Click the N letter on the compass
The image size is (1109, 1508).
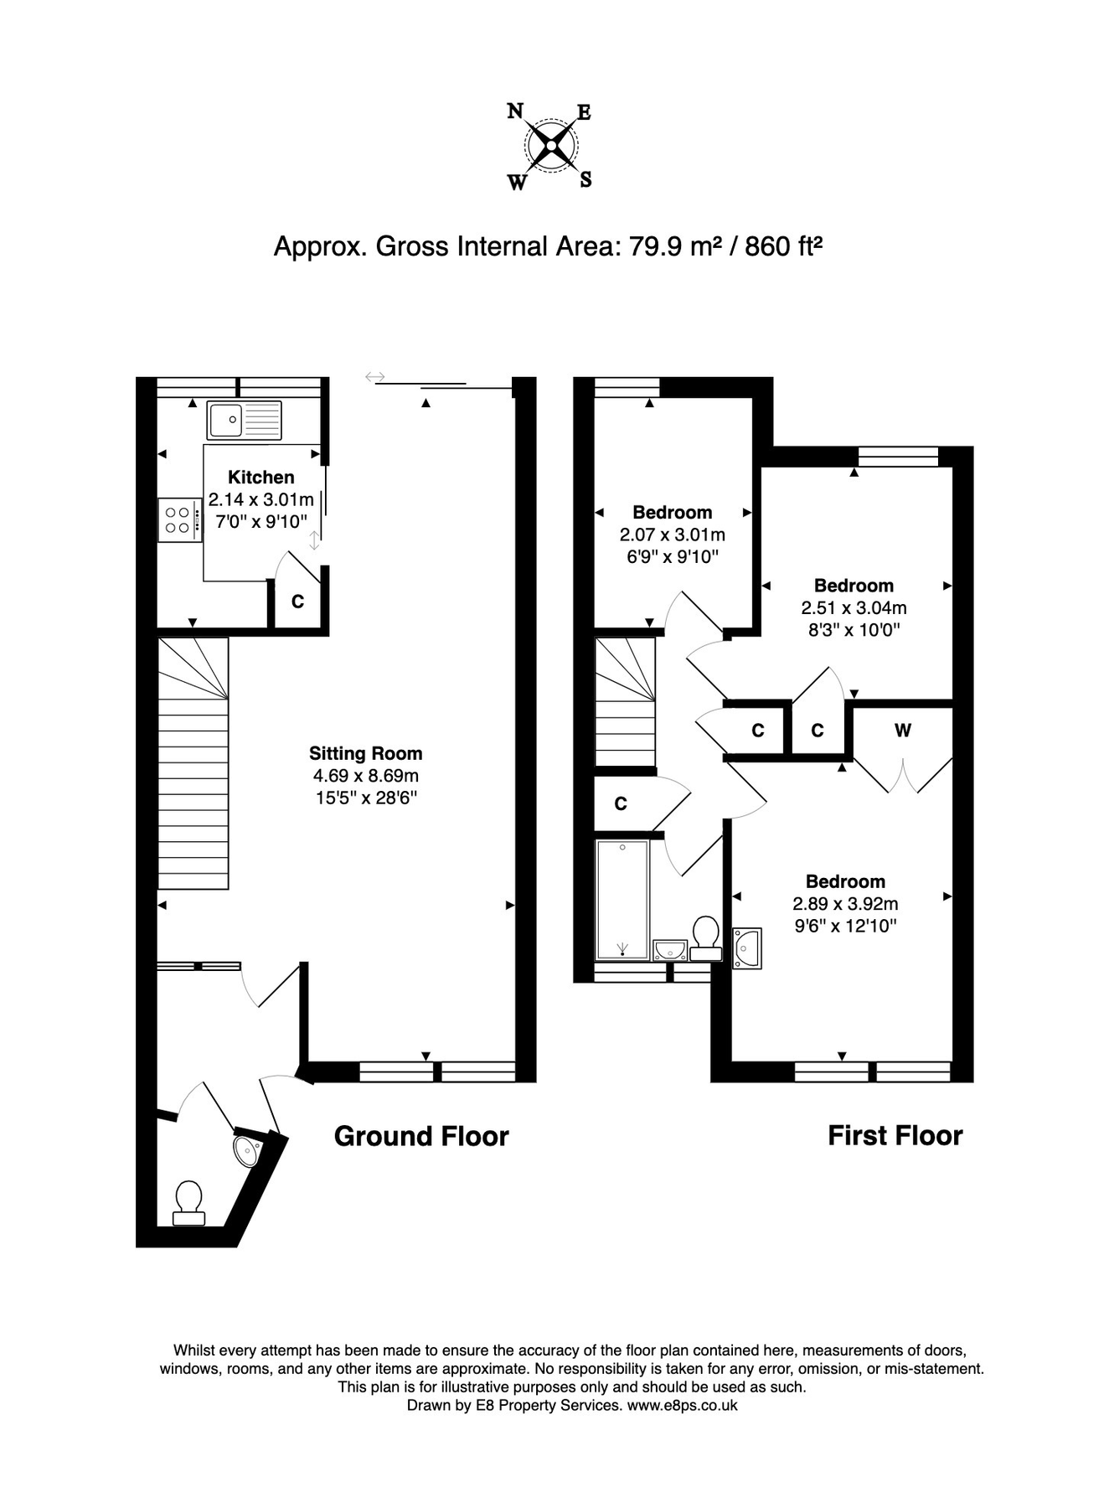(515, 111)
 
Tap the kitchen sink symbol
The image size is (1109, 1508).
(245, 421)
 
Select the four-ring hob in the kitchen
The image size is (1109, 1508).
(180, 520)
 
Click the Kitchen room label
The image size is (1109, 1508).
(261, 478)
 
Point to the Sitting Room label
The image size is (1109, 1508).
(365, 753)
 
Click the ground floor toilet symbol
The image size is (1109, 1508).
(188, 1203)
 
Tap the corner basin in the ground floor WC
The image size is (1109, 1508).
(248, 1151)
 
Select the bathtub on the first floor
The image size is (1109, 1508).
(622, 900)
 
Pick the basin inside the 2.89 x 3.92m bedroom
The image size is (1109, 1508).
(746, 948)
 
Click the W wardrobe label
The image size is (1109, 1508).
(902, 731)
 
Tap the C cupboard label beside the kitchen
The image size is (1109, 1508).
(297, 602)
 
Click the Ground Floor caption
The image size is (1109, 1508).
(421, 1136)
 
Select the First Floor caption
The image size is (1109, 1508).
(895, 1136)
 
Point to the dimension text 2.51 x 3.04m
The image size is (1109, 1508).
(854, 608)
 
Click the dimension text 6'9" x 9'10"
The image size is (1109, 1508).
(672, 556)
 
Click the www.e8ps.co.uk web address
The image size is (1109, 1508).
(682, 1406)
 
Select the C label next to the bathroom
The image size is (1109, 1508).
(621, 804)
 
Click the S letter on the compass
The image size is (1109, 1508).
(586, 179)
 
